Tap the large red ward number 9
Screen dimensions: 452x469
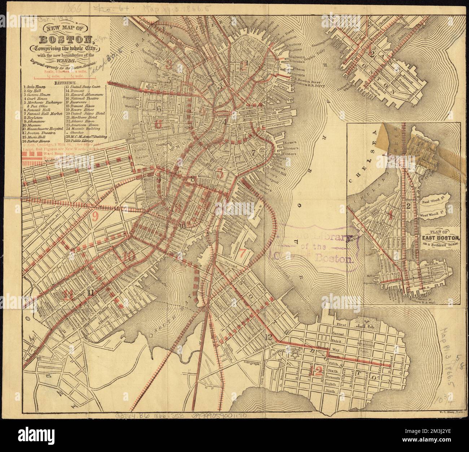(95, 216)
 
